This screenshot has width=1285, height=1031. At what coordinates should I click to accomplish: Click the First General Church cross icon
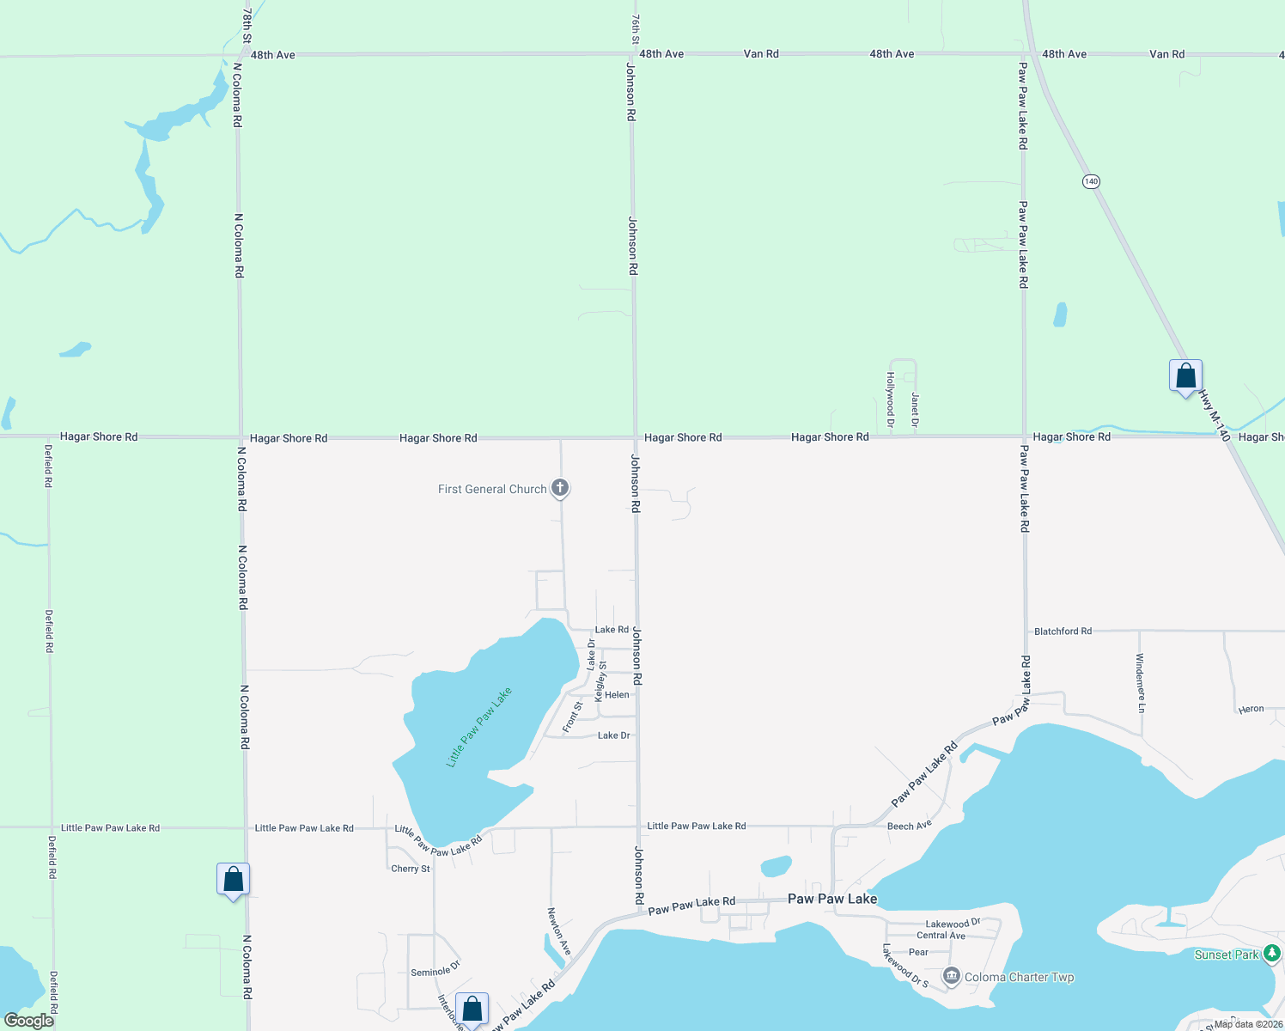560,489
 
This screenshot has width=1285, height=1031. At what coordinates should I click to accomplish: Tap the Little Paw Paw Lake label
479,727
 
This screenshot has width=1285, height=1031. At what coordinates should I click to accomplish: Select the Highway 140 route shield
1091,181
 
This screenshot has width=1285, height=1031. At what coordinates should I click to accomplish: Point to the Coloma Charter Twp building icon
951,976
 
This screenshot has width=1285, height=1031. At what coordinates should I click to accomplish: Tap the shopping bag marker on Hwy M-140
1185,376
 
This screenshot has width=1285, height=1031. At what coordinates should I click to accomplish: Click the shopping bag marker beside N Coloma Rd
233,880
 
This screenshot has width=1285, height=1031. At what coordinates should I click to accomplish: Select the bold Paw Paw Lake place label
832,899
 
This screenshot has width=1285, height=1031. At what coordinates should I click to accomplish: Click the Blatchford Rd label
1063,631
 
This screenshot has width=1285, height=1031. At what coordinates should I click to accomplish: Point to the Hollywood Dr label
891,400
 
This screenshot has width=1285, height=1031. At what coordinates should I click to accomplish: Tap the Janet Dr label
915,410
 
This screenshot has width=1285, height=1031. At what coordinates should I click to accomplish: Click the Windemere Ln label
1140,683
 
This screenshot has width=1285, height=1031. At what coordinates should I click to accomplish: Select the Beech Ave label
909,826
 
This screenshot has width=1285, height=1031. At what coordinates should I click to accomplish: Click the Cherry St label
411,869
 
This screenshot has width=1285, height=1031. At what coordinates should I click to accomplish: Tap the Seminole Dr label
435,971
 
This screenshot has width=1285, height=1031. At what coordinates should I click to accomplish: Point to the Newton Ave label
559,931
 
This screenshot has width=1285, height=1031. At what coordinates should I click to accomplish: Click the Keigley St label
601,681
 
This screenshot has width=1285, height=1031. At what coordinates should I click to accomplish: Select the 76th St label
635,29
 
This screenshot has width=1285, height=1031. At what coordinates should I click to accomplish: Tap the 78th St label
247,26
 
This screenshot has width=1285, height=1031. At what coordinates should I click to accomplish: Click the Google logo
29,1021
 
